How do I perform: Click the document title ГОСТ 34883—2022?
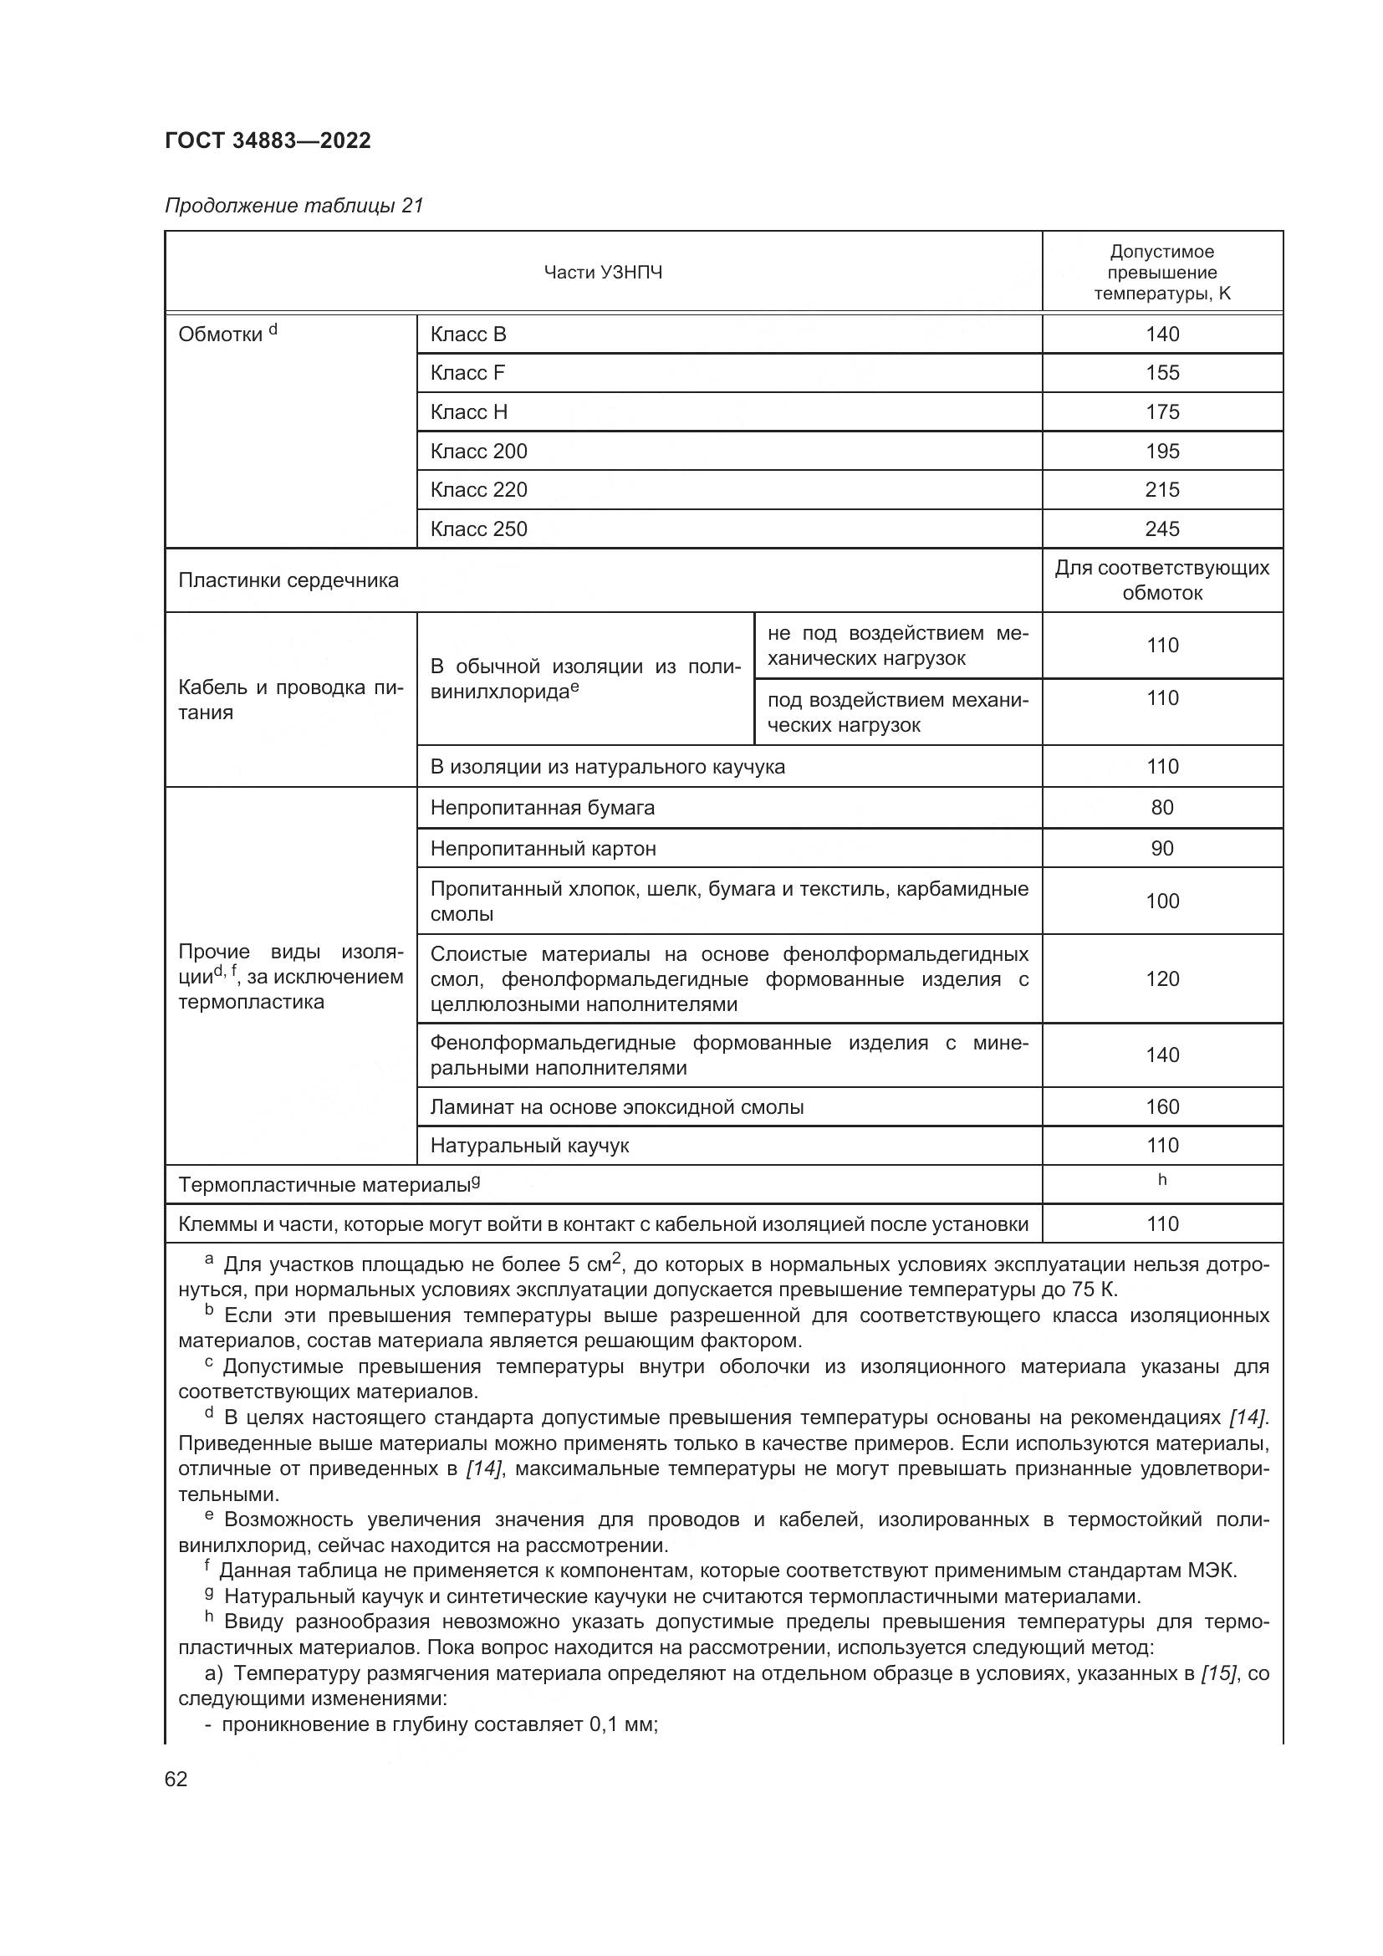(x=268, y=140)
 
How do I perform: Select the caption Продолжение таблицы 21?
(x=293, y=206)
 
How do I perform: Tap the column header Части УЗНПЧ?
(x=603, y=273)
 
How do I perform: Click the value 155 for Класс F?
(x=1161, y=372)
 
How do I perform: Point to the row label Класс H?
(x=468, y=411)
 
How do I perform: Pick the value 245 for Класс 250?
(x=1161, y=529)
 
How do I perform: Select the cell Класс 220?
(x=478, y=490)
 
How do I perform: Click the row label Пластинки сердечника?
(x=288, y=580)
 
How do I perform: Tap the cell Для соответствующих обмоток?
(x=1161, y=580)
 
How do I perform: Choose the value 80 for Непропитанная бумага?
(x=1161, y=807)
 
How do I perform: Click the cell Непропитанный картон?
(x=543, y=849)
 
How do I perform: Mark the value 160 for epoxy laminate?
(x=1161, y=1106)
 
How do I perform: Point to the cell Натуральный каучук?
(x=528, y=1146)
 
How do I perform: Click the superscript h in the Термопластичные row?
(x=1161, y=1180)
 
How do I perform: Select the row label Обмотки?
(x=221, y=335)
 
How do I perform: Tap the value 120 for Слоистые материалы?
(x=1161, y=978)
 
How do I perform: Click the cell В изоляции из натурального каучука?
(x=607, y=767)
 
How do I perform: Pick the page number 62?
(x=176, y=1779)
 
